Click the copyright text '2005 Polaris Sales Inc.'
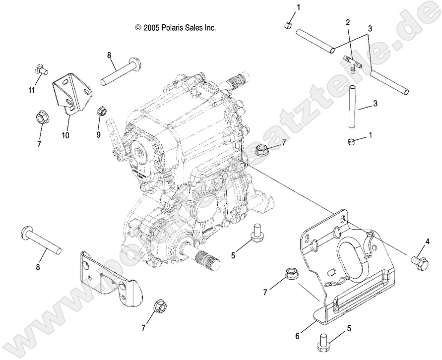pos(176,28)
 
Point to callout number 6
pos(298,336)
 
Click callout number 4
pos(426,242)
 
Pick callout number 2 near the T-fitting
pos(348,22)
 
